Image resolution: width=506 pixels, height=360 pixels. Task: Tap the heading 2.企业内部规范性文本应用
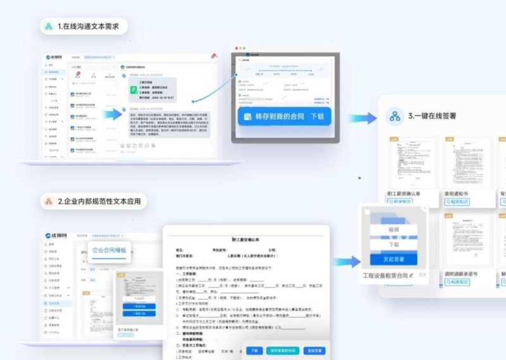[x=102, y=202]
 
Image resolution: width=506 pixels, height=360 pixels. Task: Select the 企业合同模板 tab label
[x=110, y=251]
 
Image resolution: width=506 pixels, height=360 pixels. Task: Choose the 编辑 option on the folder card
[x=393, y=228]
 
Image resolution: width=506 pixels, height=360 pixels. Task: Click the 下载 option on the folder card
[x=393, y=244]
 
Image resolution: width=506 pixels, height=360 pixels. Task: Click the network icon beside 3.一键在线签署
[x=395, y=116]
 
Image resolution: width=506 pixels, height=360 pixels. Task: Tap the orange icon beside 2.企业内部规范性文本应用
[x=48, y=202]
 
